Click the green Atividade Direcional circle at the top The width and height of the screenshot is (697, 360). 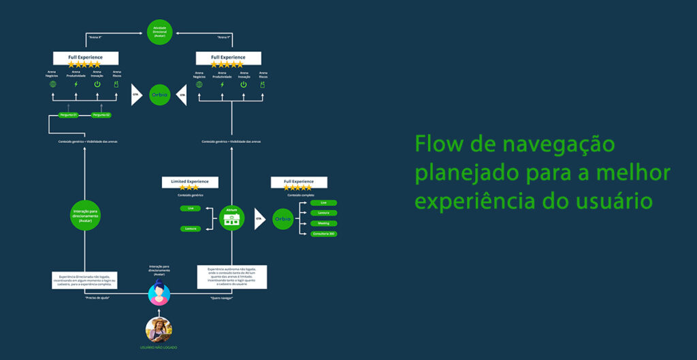[x=159, y=32]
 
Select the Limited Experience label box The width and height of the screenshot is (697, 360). [x=190, y=182]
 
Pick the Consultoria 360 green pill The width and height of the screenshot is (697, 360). [x=323, y=233]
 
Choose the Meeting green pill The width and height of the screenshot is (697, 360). [x=323, y=223]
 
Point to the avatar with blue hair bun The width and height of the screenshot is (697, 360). [x=159, y=293]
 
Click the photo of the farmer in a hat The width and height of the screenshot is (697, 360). [x=159, y=329]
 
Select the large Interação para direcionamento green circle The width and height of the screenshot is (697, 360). [x=85, y=215]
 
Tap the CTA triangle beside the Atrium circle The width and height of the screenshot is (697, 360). [x=259, y=218]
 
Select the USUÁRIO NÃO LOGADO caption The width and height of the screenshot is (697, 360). [x=159, y=348]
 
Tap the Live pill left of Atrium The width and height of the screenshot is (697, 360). [x=190, y=208]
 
